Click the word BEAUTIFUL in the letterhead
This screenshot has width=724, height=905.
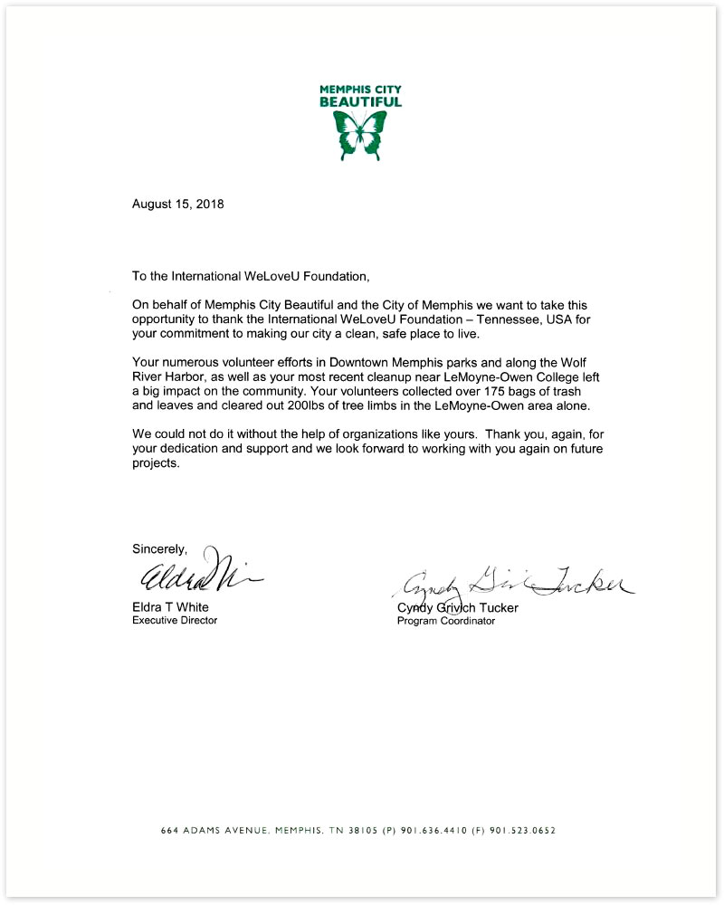click(x=361, y=102)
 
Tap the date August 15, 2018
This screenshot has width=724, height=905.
click(x=177, y=204)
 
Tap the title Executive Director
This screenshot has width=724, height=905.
click(x=175, y=621)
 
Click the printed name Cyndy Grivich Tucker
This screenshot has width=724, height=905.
click(x=457, y=608)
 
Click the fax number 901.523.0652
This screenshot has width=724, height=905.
click(x=527, y=830)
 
